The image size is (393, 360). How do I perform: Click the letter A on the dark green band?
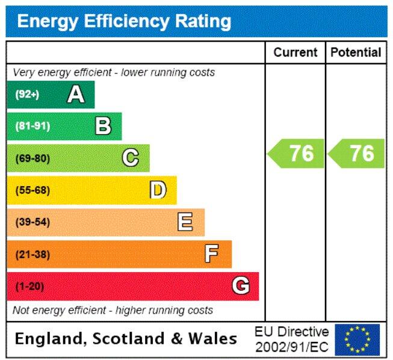coord(76,95)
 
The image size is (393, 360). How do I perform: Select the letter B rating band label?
coord(104,126)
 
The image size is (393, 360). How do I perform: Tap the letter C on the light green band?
coord(131,158)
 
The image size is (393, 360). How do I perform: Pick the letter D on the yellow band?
coord(158,190)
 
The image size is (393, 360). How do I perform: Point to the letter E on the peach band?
coord(185,222)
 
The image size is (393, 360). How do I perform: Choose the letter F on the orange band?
coord(212,254)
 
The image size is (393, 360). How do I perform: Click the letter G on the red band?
coord(241,286)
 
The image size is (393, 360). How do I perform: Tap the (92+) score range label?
coord(26,95)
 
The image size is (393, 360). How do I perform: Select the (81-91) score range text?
coord(32,126)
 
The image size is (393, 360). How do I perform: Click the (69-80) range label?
coord(32,158)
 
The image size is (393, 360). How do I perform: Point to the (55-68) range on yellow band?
coord(32,190)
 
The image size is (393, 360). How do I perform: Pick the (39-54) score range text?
coord(32,222)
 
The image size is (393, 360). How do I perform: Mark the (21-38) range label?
coord(32,254)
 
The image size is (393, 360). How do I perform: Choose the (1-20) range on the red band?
coord(29,286)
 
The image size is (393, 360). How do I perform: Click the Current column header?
coord(295,52)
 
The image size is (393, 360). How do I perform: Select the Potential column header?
coord(356,52)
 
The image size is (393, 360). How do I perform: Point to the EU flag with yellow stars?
coord(357,340)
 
